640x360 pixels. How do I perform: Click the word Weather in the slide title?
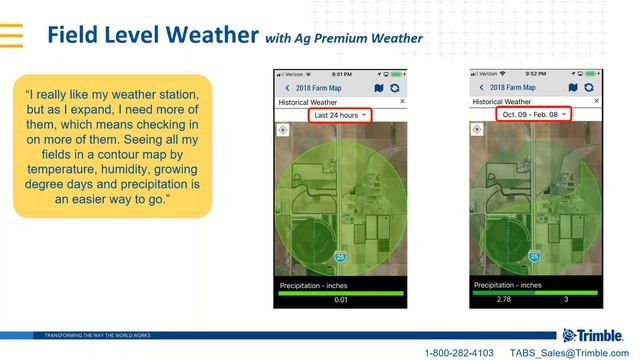point(205,35)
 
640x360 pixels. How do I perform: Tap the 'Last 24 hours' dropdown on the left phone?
point(340,115)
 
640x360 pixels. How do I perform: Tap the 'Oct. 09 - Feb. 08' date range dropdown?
point(533,115)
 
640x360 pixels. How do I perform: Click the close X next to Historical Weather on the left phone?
point(402,101)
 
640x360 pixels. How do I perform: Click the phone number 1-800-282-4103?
point(459,353)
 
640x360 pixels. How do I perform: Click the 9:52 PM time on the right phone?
point(535,74)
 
